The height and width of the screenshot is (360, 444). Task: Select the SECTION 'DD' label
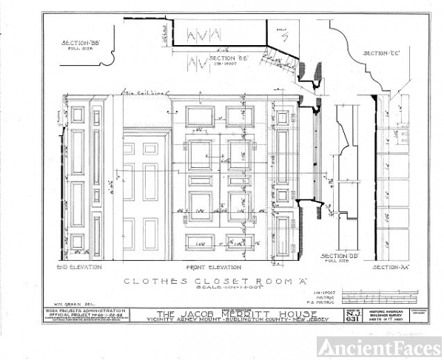[x=340, y=256]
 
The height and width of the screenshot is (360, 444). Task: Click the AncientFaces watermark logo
[x=379, y=344]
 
